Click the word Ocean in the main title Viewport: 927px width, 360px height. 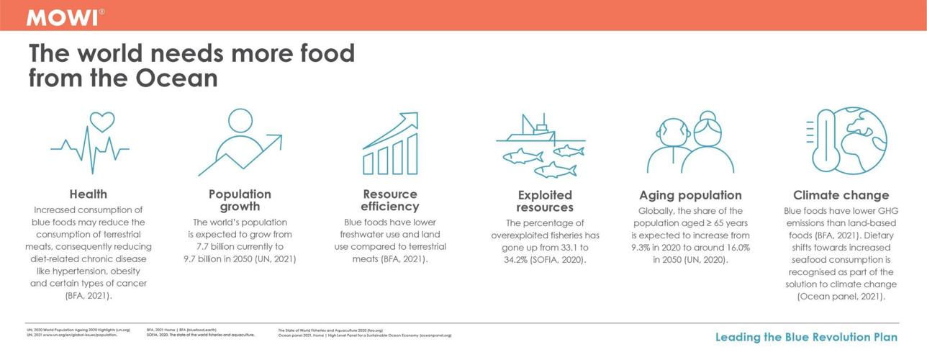click(x=176, y=78)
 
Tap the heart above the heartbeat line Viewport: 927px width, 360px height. click(x=101, y=120)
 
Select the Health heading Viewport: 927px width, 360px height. click(x=89, y=194)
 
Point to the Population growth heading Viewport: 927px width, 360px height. click(x=240, y=200)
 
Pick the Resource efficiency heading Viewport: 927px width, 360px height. click(x=390, y=200)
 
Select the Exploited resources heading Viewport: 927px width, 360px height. click(x=545, y=201)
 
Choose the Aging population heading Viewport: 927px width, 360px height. click(x=690, y=195)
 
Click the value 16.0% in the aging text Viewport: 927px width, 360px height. click(x=733, y=247)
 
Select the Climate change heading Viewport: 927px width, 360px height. click(x=841, y=195)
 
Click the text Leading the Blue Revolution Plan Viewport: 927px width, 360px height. click(x=806, y=337)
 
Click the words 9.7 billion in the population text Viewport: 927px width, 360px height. click(x=207, y=258)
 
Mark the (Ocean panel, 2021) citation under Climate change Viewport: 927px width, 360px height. click(x=841, y=296)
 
